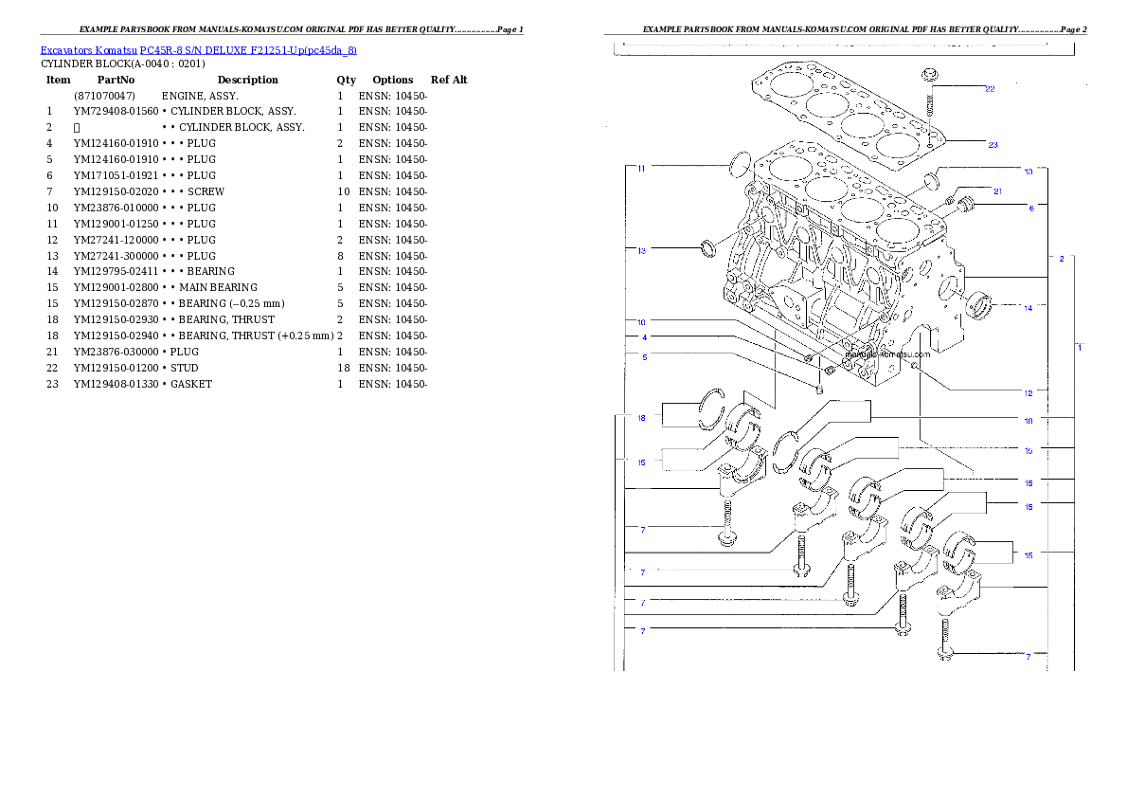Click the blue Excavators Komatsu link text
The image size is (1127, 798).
click(x=198, y=49)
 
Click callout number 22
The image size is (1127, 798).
click(x=990, y=89)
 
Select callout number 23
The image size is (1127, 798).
click(x=993, y=145)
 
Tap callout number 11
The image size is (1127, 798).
click(x=641, y=169)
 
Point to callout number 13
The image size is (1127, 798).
click(x=641, y=251)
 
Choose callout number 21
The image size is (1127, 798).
click(x=997, y=191)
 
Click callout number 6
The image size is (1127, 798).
click(x=1031, y=207)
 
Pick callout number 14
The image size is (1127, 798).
click(x=1028, y=307)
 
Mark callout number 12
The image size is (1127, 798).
click(x=1028, y=392)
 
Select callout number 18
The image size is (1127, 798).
click(x=641, y=418)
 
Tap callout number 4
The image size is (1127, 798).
click(x=644, y=337)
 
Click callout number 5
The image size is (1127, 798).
click(x=644, y=357)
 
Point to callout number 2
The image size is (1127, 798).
click(x=1062, y=258)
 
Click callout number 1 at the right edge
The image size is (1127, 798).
click(x=1079, y=348)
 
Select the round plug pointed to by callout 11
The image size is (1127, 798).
click(x=742, y=167)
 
